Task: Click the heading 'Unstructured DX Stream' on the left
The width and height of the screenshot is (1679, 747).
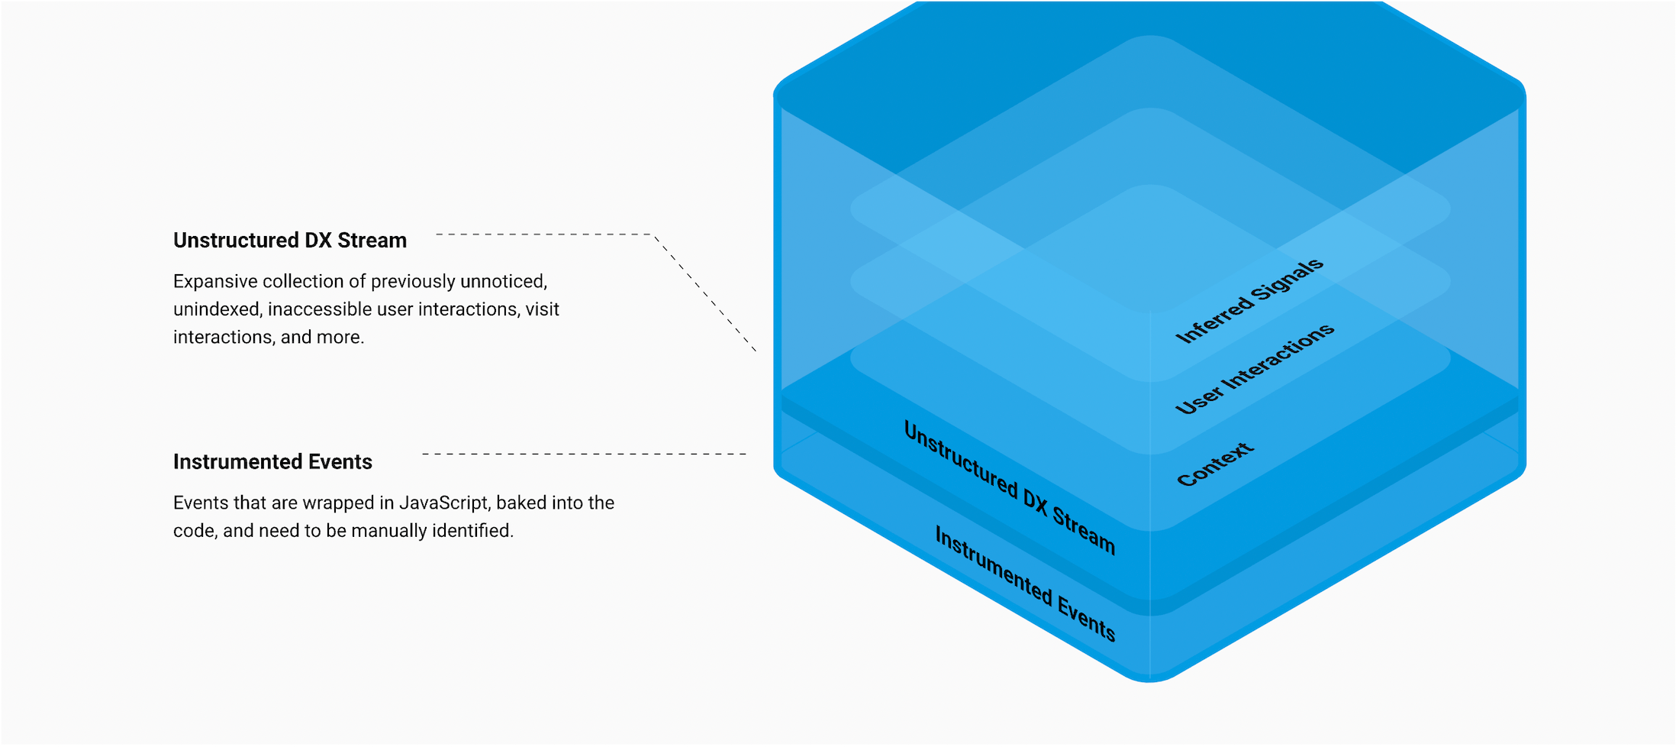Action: click(290, 241)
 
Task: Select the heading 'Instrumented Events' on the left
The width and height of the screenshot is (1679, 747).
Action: click(272, 462)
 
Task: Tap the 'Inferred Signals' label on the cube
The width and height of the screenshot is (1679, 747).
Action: click(1249, 301)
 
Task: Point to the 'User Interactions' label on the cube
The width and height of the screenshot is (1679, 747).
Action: click(1255, 369)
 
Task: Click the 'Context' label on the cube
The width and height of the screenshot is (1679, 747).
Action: click(1215, 464)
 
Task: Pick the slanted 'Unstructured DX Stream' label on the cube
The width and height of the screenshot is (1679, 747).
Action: click(1010, 487)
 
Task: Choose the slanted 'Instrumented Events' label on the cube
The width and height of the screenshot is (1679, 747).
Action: click(1025, 584)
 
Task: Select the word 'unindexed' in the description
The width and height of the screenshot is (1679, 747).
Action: click(217, 309)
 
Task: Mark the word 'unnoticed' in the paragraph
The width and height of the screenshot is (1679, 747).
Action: click(503, 281)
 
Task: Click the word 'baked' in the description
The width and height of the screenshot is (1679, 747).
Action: click(521, 503)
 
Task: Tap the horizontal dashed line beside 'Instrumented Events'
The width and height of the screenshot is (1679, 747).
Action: click(584, 454)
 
